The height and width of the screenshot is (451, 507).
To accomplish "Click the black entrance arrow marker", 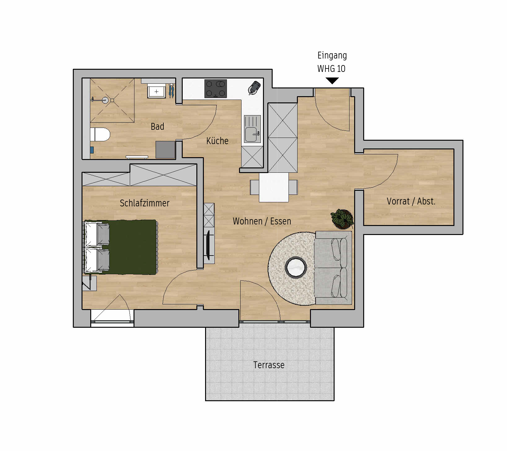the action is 332,81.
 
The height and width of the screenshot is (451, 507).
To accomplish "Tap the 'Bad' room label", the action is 157,126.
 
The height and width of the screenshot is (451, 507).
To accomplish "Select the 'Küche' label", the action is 217,141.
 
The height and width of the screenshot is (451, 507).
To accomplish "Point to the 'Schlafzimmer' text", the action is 144,203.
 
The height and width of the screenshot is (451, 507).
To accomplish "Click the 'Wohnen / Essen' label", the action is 262,221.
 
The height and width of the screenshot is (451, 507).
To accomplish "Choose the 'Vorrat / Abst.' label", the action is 411,201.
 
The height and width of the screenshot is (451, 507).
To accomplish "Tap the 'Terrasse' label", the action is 269,365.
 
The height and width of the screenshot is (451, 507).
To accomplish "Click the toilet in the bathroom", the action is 100,134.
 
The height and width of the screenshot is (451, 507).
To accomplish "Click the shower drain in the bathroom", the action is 106,100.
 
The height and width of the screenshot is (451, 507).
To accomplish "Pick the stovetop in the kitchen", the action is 215,89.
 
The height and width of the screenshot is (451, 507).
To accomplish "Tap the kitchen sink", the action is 252,129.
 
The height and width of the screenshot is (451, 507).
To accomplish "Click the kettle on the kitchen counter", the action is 254,87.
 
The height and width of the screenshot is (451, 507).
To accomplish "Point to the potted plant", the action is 342,219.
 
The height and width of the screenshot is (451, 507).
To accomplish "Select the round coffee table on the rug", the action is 296,267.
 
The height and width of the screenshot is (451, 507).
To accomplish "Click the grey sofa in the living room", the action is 333,268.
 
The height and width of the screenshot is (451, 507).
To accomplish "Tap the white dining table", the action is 274,187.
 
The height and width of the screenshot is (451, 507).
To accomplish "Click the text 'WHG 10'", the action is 331,68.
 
